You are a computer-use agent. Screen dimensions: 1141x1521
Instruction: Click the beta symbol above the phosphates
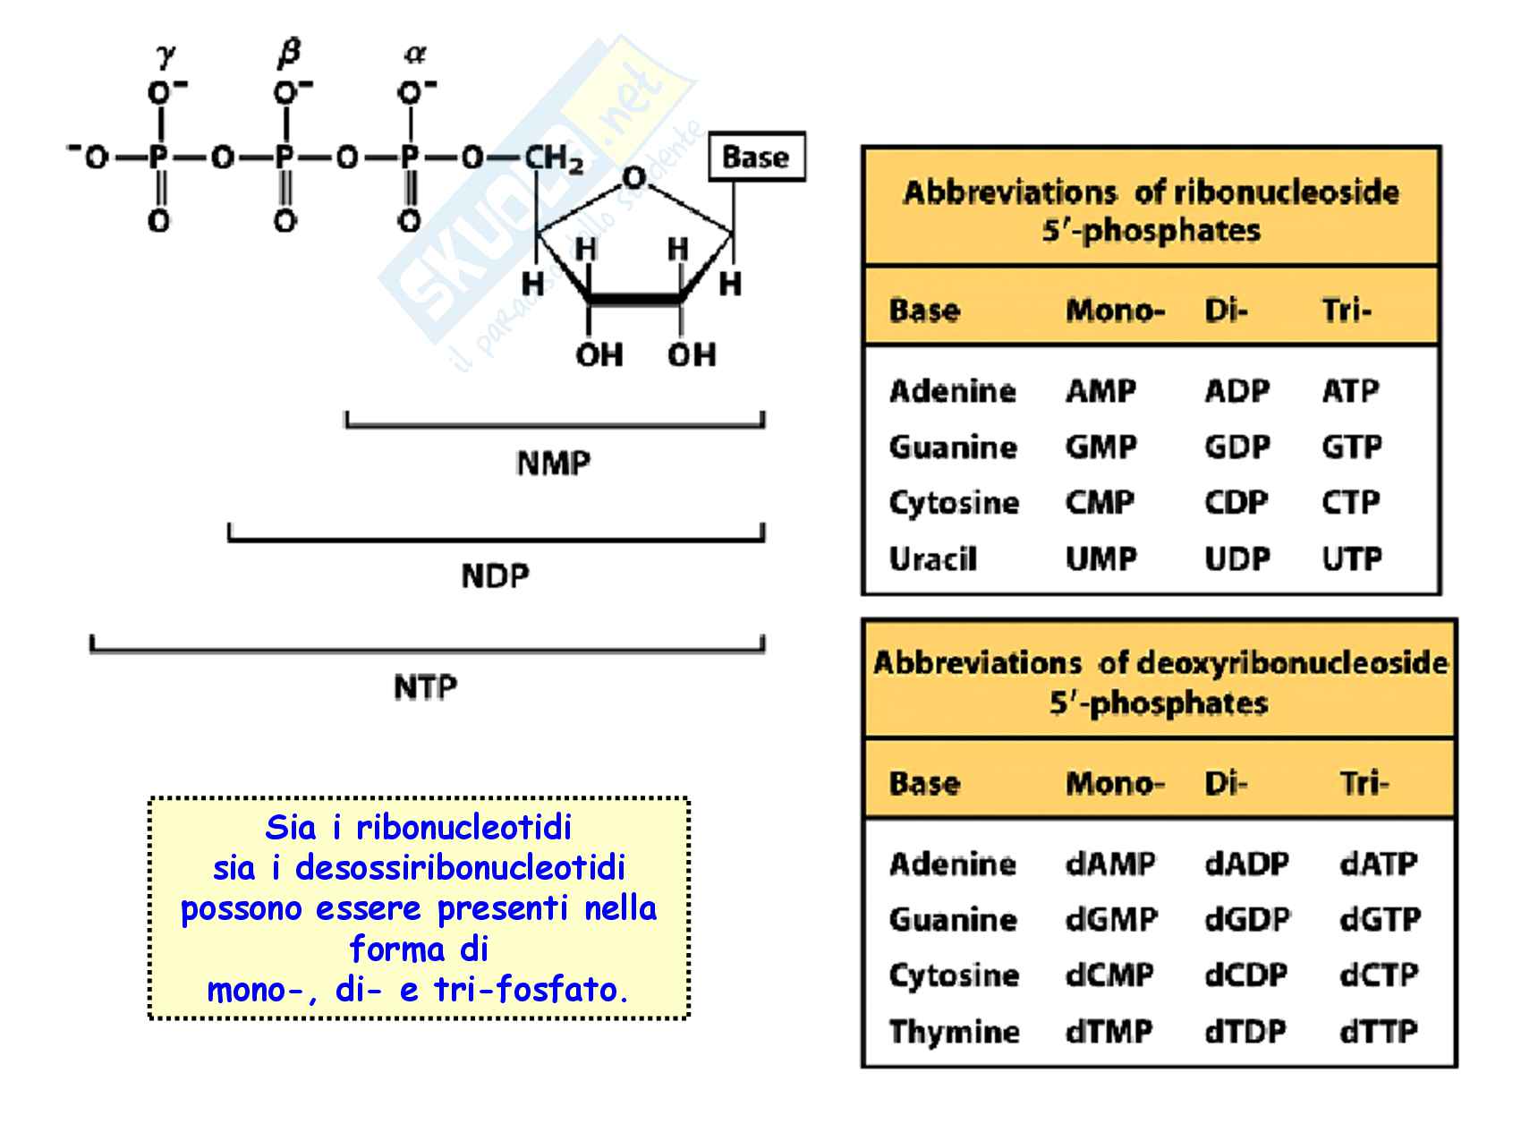[x=288, y=55]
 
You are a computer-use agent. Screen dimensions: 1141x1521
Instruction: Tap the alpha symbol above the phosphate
[x=414, y=55]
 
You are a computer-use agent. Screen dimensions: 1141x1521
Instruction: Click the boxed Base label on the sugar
[x=756, y=158]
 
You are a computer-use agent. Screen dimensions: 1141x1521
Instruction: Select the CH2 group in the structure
[x=554, y=159]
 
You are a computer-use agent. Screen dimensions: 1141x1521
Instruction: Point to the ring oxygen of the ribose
[x=633, y=178]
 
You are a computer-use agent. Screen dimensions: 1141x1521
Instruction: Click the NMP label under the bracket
[x=554, y=464]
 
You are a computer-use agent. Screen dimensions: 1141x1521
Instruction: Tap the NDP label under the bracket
[x=495, y=575]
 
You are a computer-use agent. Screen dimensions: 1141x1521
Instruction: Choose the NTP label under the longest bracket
[x=426, y=688]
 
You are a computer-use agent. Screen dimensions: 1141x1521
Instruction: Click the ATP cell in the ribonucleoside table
[x=1350, y=391]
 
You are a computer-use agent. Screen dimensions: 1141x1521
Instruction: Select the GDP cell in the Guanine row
[x=1236, y=447]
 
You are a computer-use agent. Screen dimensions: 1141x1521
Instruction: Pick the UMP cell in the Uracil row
[x=1100, y=559]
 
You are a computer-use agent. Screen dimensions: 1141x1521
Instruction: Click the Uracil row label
[x=932, y=559]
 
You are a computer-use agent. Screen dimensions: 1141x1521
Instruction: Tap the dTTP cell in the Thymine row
[x=1379, y=1032]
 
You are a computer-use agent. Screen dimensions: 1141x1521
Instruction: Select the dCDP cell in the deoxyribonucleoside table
[x=1245, y=975]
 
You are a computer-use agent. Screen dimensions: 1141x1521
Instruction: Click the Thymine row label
[x=954, y=1032]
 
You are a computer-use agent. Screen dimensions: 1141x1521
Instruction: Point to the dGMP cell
[x=1111, y=920]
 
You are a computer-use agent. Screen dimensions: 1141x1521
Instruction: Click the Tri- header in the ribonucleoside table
[x=1347, y=311]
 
